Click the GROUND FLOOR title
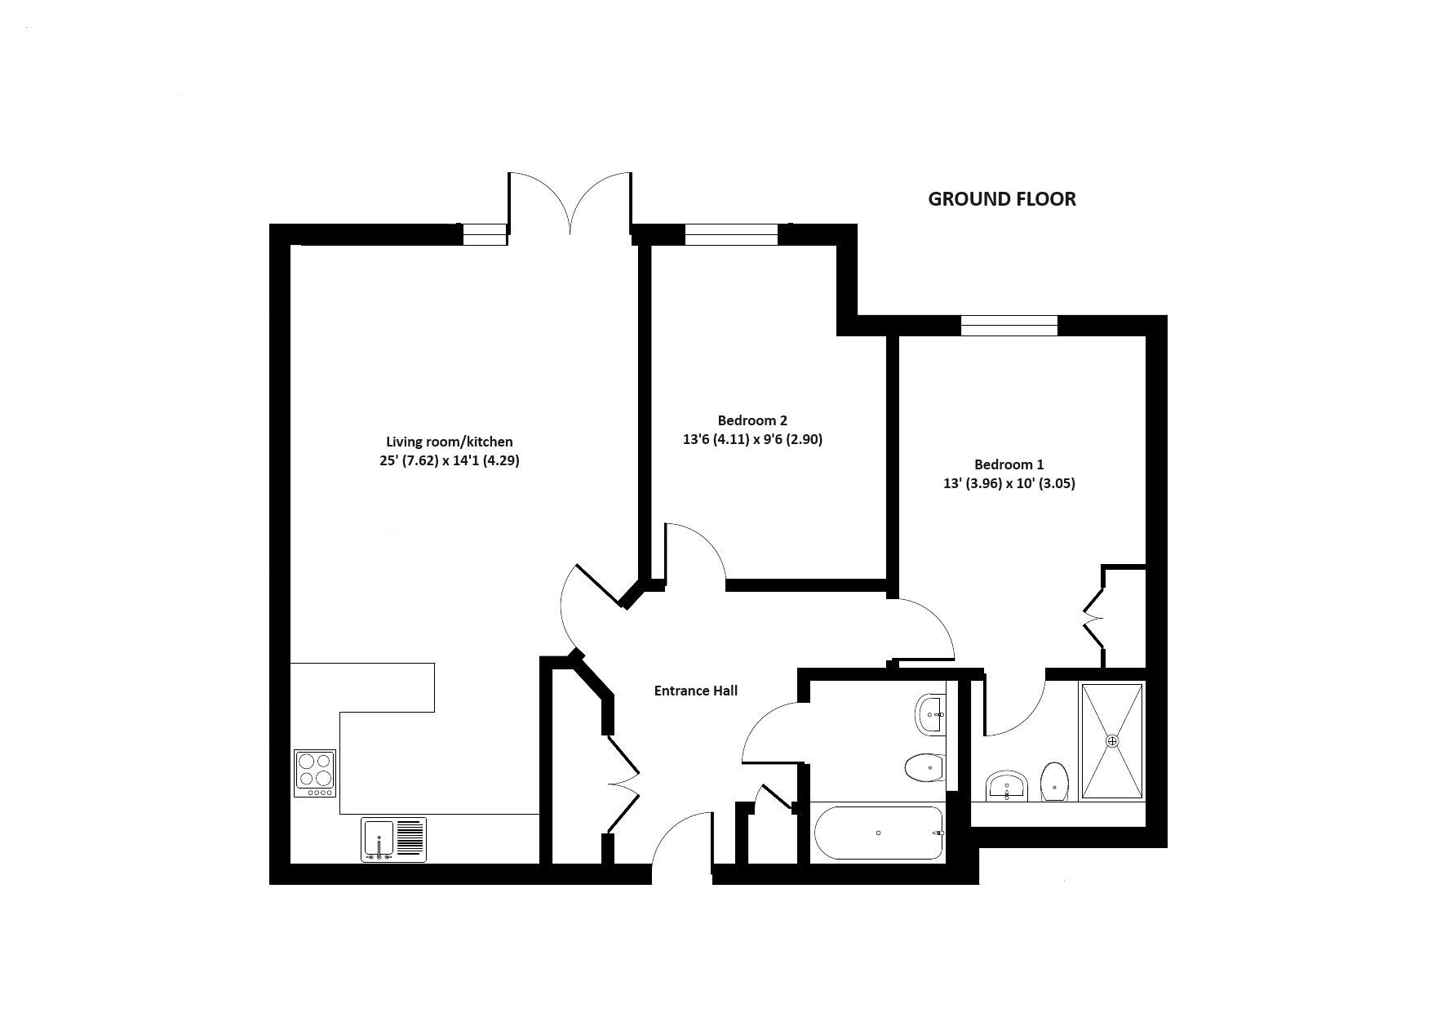pyautogui.click(x=1001, y=199)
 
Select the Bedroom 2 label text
pyautogui.click(x=752, y=420)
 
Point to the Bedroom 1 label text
pyautogui.click(x=1009, y=464)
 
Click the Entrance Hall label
pyautogui.click(x=695, y=691)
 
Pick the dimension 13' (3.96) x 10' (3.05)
pyautogui.click(x=1009, y=483)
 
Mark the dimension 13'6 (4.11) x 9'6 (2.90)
pyautogui.click(x=752, y=439)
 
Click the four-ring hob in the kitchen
pyautogui.click(x=315, y=773)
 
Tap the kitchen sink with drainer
pyautogui.click(x=393, y=840)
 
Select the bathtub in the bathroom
pyautogui.click(x=878, y=833)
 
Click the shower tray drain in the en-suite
pyautogui.click(x=1111, y=740)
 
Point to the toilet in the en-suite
pyautogui.click(x=1055, y=784)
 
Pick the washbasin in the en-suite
pyautogui.click(x=1007, y=787)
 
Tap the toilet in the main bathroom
pyautogui.click(x=924, y=767)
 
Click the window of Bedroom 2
pyautogui.click(x=731, y=235)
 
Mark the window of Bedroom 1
pyautogui.click(x=1009, y=326)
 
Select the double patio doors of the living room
pyautogui.click(x=570, y=202)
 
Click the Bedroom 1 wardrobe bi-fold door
pyautogui.click(x=1093, y=616)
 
